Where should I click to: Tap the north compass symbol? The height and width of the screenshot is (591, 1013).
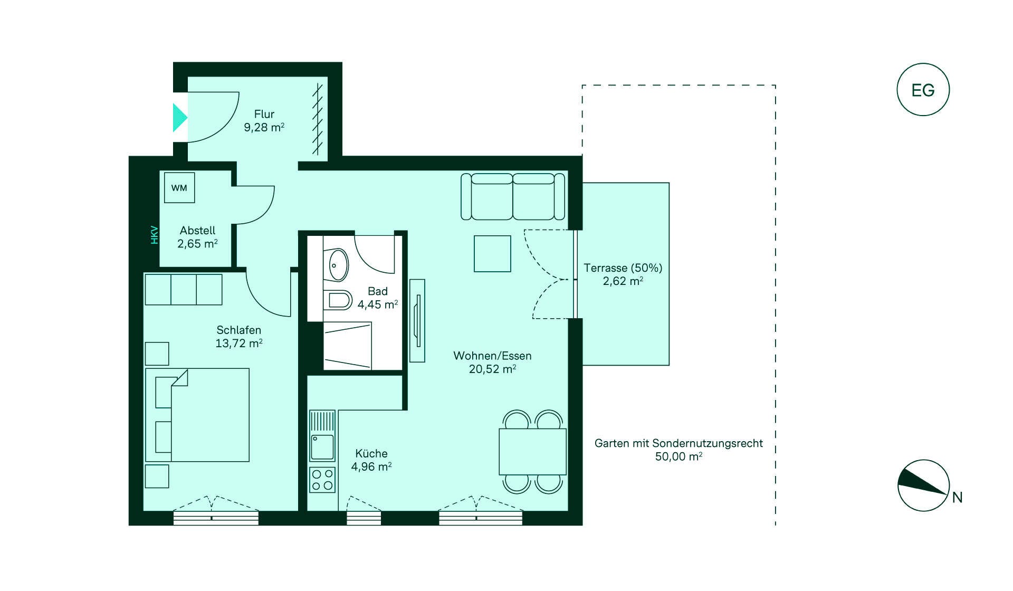[924, 485]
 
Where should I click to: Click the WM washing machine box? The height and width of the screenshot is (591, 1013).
[179, 188]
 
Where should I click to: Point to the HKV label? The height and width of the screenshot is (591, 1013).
[155, 235]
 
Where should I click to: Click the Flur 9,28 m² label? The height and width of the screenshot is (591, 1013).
[264, 121]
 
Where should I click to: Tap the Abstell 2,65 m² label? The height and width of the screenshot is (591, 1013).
[197, 237]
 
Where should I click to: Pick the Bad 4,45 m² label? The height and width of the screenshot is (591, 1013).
[378, 298]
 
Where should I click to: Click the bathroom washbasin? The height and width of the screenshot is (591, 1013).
[338, 265]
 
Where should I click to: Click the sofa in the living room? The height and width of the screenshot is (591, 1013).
[513, 196]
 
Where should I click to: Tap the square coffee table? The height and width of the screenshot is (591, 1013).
[492, 254]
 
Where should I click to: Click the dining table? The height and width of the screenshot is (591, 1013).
[533, 452]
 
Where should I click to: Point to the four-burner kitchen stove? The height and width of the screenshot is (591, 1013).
[322, 480]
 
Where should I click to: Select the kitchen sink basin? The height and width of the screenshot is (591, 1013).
[322, 447]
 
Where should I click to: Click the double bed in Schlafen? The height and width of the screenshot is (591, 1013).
[197, 415]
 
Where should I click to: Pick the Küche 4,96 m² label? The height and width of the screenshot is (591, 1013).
[371, 460]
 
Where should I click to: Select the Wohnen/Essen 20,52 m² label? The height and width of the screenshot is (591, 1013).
[492, 363]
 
